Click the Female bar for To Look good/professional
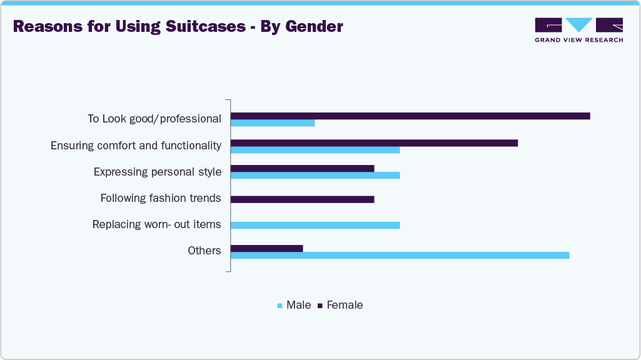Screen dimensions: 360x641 click(x=410, y=116)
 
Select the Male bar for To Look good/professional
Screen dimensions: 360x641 click(x=273, y=122)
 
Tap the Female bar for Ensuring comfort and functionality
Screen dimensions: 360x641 click(x=374, y=142)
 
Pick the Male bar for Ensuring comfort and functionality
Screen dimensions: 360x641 click(x=315, y=149)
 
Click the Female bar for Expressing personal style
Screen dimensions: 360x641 click(x=302, y=168)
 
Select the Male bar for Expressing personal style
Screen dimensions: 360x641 click(x=315, y=175)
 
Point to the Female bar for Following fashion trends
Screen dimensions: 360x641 click(x=302, y=199)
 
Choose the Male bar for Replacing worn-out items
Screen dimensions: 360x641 click(x=315, y=225)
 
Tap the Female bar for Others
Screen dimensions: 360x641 click(x=266, y=248)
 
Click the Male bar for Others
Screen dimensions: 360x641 click(x=400, y=255)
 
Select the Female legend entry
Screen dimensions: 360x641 click(x=341, y=305)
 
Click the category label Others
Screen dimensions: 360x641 click(x=204, y=251)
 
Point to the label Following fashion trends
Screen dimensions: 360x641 click(x=161, y=198)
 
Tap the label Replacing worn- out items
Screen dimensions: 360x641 click(x=156, y=224)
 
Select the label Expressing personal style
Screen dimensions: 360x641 click(x=157, y=172)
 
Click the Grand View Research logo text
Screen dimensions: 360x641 click(x=578, y=40)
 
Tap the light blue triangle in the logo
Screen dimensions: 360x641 click(x=579, y=24)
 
